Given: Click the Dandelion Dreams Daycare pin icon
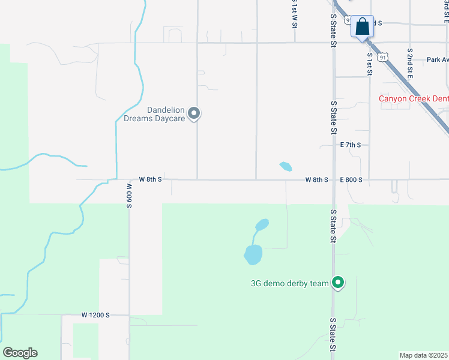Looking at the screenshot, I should coord(193,113).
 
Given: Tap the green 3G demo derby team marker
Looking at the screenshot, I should coord(338,282).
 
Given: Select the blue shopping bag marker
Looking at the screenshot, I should coord(362,27).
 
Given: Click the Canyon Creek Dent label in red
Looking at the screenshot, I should coord(413,99).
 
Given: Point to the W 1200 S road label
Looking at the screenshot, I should coord(96,315).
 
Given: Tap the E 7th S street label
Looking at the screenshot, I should coord(351,145).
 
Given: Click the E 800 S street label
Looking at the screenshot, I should coord(351,179).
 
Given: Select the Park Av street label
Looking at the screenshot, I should coord(437,60).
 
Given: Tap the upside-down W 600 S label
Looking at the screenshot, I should coord(129,196).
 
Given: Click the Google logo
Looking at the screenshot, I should coord(20,353).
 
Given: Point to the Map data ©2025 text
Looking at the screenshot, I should coord(423,355).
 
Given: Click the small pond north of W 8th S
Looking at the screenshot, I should coord(286,166).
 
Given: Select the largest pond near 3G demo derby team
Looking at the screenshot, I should coord(253,254).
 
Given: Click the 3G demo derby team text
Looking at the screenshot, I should coord(290,284).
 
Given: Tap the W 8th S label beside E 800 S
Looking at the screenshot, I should coord(316,179).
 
